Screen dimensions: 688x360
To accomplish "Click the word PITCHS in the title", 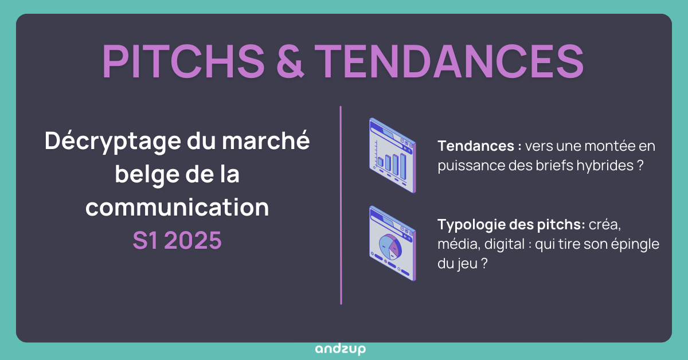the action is click(183, 61).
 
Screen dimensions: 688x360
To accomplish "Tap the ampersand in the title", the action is click(290, 61).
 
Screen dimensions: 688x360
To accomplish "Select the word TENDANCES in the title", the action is click(449, 61).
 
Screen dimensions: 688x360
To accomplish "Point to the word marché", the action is click(265, 140).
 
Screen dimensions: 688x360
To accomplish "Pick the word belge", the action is click(147, 175).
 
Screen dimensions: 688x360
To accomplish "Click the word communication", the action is click(177, 208).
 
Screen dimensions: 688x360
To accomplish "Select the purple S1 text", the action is click(146, 240).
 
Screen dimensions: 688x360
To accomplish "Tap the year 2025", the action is click(193, 240).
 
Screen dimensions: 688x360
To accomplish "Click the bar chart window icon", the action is click(393, 155).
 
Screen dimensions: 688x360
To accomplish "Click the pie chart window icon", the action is click(393, 244).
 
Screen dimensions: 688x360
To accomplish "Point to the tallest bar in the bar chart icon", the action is click(403, 166).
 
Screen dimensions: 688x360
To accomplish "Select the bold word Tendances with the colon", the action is click(479, 146).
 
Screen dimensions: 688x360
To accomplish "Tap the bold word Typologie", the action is click(471, 225).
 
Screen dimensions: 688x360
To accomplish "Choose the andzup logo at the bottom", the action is click(341, 349).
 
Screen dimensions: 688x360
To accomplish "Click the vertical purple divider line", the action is click(341, 205).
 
